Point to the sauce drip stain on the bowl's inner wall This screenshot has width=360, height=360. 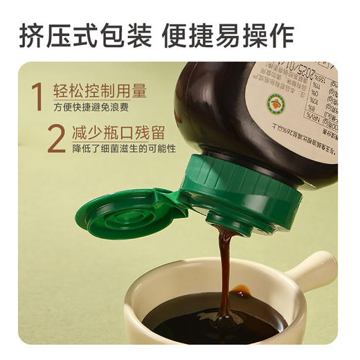pos(240,289)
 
